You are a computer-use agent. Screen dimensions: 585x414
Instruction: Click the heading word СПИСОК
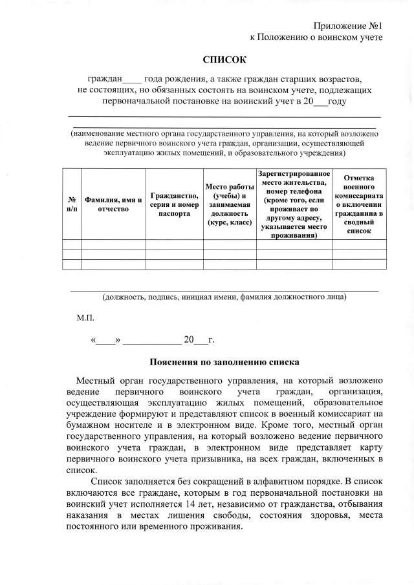click(x=224, y=60)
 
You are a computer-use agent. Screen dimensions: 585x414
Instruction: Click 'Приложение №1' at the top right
click(x=349, y=26)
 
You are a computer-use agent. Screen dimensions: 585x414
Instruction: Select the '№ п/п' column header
click(x=71, y=204)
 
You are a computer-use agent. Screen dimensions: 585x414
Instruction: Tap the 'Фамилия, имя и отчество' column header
click(x=113, y=204)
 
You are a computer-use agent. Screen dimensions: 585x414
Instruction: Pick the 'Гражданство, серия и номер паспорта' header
click(x=173, y=204)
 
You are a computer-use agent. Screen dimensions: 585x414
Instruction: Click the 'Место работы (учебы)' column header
click(x=228, y=204)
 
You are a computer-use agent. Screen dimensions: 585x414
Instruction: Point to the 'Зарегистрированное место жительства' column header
click(x=294, y=204)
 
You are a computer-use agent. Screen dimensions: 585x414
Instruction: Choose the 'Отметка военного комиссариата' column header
click(x=359, y=204)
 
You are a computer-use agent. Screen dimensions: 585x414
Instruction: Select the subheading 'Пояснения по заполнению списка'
click(x=224, y=362)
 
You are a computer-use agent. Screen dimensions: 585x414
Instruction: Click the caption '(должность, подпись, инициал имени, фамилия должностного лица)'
click(x=224, y=297)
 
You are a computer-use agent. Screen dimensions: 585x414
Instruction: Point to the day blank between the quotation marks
click(x=106, y=339)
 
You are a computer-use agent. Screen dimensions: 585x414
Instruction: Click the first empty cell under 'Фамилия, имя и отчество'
click(x=113, y=244)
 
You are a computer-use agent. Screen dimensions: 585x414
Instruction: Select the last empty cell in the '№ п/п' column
click(x=71, y=264)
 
